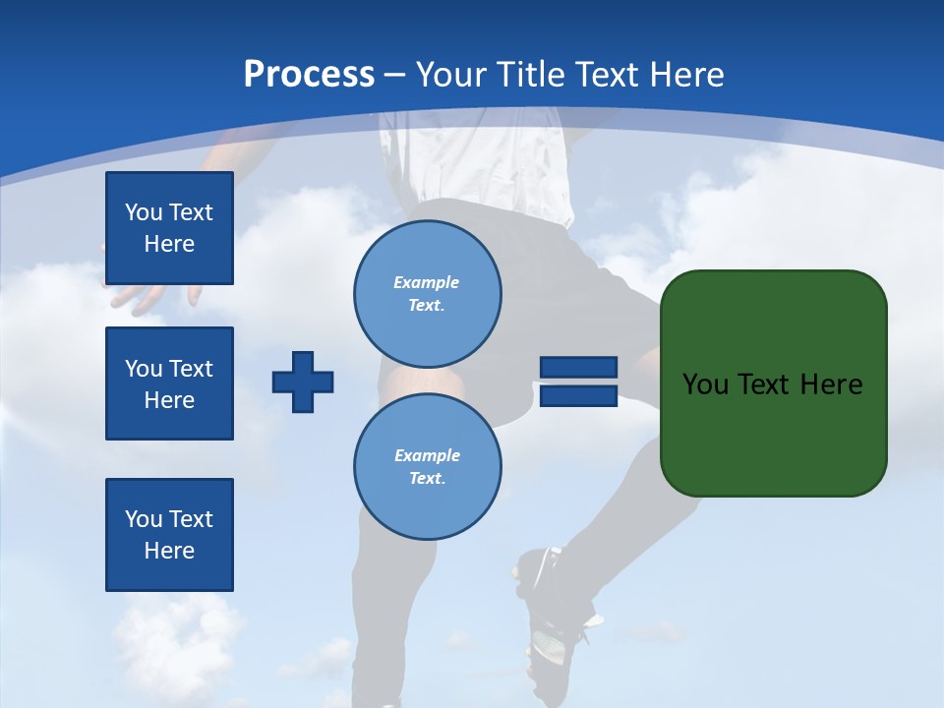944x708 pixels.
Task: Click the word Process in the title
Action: pyautogui.click(x=309, y=74)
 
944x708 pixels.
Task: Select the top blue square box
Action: pyautogui.click(x=169, y=228)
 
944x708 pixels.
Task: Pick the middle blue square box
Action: pyautogui.click(x=169, y=383)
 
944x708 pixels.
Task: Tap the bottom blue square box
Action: pyautogui.click(x=169, y=535)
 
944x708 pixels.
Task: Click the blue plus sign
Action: pyautogui.click(x=303, y=382)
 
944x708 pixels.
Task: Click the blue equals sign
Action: pyautogui.click(x=578, y=382)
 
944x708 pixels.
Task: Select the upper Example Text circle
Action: pyautogui.click(x=427, y=293)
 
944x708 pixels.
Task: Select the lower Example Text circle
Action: pyautogui.click(x=427, y=466)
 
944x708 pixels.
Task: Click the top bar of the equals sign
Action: pyautogui.click(x=578, y=368)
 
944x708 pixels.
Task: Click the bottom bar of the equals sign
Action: pyautogui.click(x=578, y=396)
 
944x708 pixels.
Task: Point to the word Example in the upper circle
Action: pyautogui.click(x=427, y=282)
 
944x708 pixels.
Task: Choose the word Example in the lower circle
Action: pyautogui.click(x=427, y=455)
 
